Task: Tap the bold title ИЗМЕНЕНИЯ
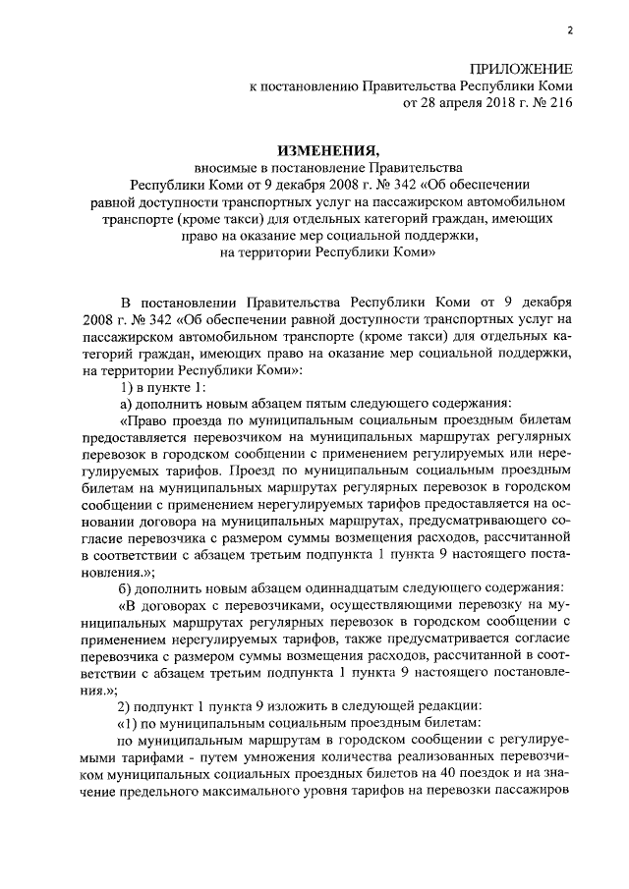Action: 327,150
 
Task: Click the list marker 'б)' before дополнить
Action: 126,586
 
